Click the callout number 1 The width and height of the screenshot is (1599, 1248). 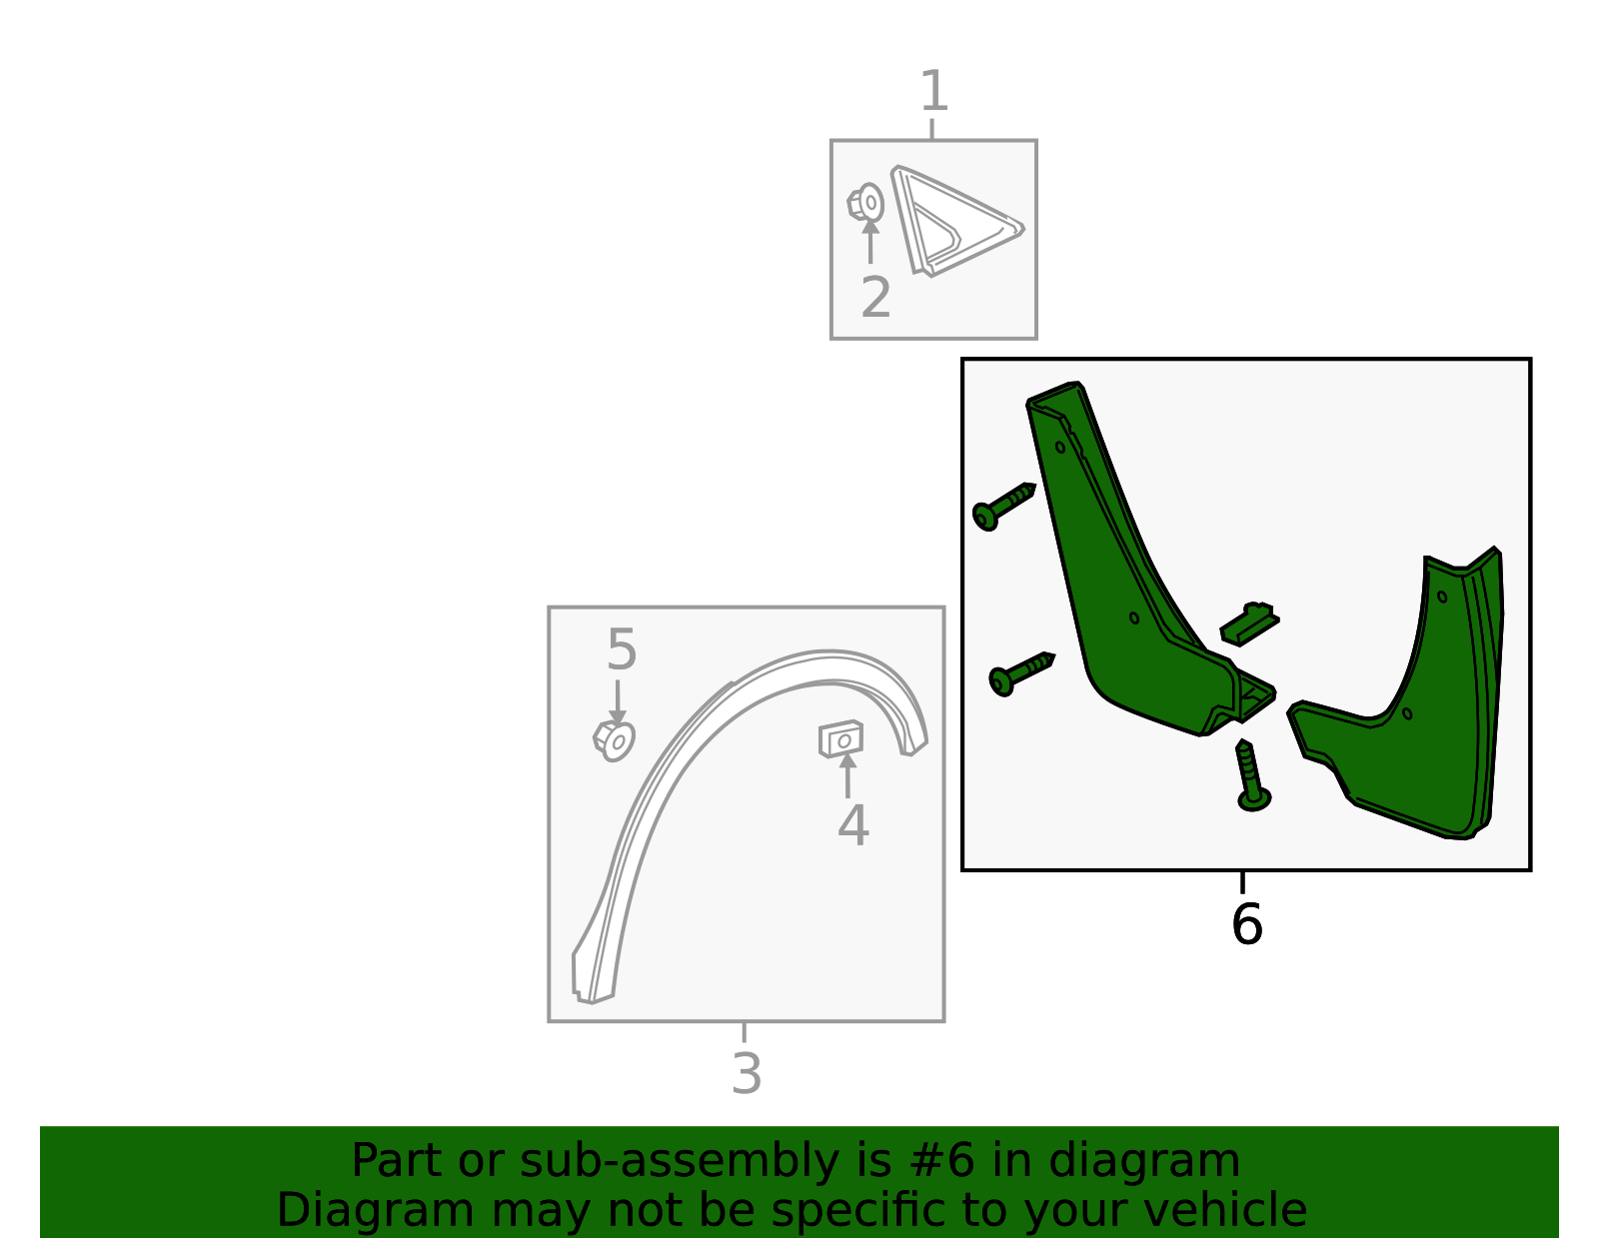934,91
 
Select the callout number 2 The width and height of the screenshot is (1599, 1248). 875,298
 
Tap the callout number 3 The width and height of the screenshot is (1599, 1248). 747,1074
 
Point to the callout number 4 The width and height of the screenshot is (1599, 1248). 852,825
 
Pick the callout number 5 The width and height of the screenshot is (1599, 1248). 621,649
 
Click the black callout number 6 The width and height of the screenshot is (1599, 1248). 1246,924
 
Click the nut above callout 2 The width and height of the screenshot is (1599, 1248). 865,202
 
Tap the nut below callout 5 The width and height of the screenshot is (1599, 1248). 614,740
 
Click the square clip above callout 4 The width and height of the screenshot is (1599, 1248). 841,739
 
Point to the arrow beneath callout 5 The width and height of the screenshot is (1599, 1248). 618,702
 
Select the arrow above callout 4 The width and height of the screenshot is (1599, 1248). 847,775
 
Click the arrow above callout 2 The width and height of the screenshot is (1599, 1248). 870,241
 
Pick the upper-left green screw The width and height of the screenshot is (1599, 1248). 1003,507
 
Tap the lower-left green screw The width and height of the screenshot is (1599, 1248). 1021,673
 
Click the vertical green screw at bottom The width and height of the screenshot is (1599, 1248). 1252,776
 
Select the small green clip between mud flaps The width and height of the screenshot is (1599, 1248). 1249,624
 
